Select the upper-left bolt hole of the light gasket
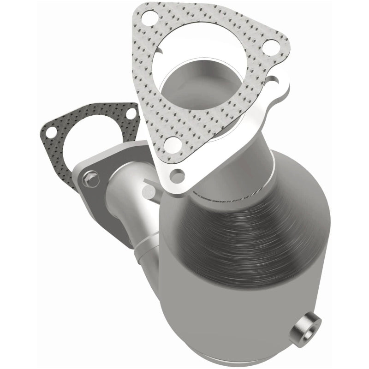click(x=149, y=19)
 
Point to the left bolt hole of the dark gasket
click(x=51, y=132)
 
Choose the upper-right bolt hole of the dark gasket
click(x=130, y=113)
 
